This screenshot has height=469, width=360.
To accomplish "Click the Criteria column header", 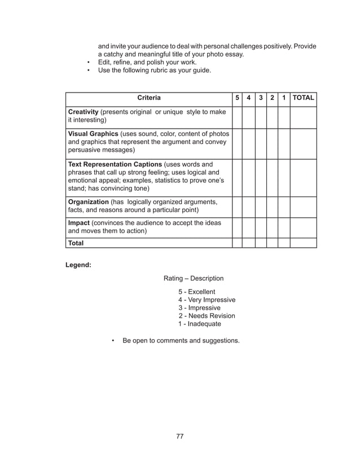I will pos(149,98).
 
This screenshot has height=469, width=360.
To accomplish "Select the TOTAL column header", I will pos(304,98).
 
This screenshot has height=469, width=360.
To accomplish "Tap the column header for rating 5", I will pos(237,98).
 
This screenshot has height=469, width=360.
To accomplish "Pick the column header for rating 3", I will pos(261,98).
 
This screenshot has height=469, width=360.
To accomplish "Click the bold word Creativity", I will pos(83,112).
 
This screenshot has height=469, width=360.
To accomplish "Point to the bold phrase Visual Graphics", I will pos(93,134).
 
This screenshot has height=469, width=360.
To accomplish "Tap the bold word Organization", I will pos(87,201).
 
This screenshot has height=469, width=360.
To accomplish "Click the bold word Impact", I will pos(79,223).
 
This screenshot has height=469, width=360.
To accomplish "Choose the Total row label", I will pos(76,243).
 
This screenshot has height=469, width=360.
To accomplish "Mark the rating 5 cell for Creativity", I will pos(237,116).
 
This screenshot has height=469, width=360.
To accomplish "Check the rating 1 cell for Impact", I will pos(284,227).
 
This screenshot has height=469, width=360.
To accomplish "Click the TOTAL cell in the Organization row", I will pos(304,206).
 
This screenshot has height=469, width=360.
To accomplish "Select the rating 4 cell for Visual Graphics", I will pos(249,143).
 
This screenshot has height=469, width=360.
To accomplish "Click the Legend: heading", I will pos(79,264).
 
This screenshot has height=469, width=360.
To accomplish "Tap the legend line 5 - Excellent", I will pos(197,292).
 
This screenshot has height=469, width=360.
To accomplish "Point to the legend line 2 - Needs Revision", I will pos(207,316).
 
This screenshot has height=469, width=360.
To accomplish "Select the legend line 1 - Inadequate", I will pos(200,324).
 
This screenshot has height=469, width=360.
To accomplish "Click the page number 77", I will pos(180,436).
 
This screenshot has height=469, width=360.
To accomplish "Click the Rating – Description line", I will pos(194,278).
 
